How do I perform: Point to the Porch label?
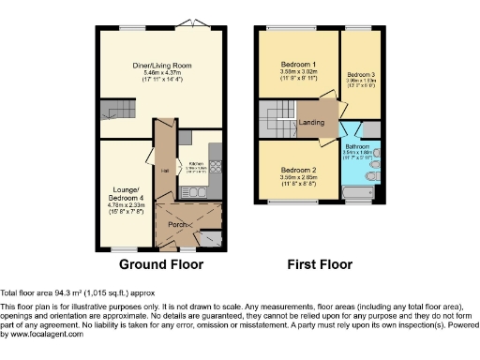click(x=175, y=223)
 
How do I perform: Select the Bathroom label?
click(x=359, y=146)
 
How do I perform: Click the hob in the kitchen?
click(x=214, y=170)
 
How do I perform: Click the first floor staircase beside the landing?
click(x=277, y=120)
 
